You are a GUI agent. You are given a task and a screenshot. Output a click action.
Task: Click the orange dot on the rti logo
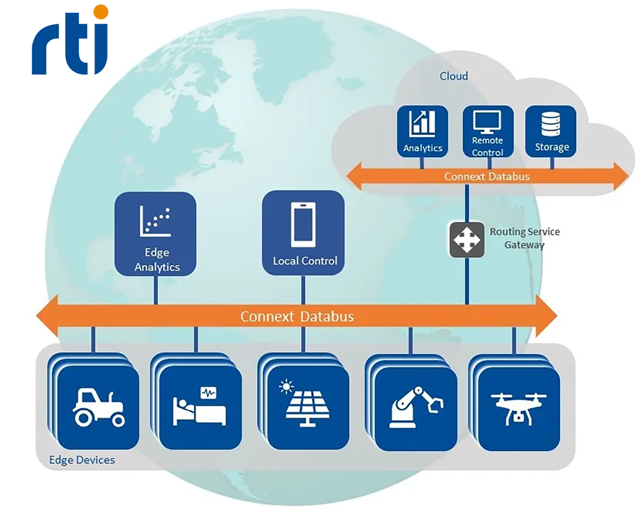pos(101,12)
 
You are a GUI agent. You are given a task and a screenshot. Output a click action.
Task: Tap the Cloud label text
pos(453,76)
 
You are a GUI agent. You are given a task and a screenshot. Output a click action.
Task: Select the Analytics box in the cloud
pos(422,131)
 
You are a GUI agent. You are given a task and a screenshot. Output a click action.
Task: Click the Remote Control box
pos(488,132)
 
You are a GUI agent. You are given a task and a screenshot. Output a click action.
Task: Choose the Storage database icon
pos(551,124)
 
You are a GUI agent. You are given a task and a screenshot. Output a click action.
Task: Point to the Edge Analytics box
pos(155,233)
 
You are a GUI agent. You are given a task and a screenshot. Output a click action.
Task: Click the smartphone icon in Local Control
pos(303,224)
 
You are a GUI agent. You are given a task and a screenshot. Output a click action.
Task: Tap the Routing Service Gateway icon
pos(467,240)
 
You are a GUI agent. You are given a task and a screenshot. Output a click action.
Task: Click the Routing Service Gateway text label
pos(525,238)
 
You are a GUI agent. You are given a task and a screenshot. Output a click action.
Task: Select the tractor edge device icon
pos(98,407)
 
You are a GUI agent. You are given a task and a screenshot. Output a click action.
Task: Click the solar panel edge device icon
pos(304,404)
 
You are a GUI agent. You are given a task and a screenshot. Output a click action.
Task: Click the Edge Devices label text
pos(82,460)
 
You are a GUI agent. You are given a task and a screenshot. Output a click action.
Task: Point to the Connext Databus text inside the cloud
pos(487,177)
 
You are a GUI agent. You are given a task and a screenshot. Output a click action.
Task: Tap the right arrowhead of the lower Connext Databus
pos(546,315)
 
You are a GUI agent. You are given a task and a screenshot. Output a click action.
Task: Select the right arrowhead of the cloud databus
pos(620,176)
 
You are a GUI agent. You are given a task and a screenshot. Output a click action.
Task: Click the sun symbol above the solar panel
pos(286,387)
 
